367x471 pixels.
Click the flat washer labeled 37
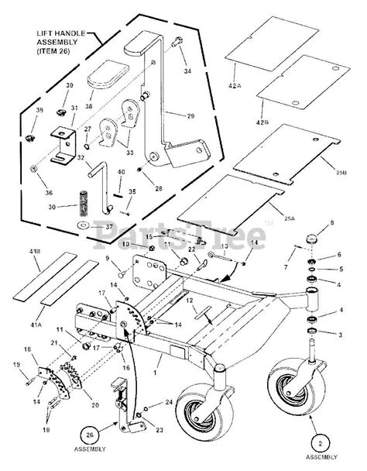tap(81, 226)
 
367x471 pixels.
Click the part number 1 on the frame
tap(156, 372)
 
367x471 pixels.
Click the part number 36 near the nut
tap(48, 193)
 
